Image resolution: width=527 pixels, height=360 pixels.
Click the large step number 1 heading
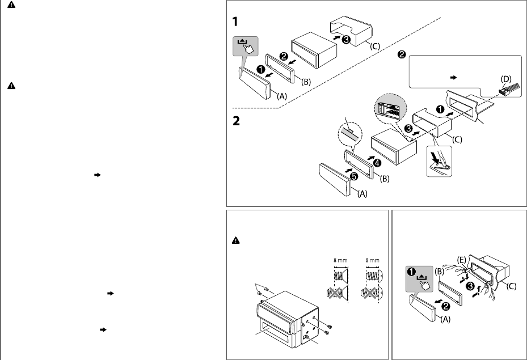point(235,22)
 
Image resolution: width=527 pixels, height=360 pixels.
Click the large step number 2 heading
point(236,121)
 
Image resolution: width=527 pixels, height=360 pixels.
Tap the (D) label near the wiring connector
point(506,79)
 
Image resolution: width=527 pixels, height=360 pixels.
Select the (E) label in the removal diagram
point(462,260)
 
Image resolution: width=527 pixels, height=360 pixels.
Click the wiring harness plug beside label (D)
point(507,89)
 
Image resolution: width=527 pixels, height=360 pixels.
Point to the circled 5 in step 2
point(354,176)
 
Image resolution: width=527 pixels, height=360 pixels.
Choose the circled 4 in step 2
point(377,163)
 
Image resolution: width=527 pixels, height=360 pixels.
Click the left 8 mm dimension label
point(340,260)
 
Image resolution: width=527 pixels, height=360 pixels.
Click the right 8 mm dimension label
point(372,260)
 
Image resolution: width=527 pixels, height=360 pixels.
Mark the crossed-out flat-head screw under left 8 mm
point(335,293)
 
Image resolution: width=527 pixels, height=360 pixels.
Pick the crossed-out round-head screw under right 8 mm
point(370,293)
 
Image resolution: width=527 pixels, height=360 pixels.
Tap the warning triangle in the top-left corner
point(11,5)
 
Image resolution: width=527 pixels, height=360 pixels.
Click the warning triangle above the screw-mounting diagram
point(236,240)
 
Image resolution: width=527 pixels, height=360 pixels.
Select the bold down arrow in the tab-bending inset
point(435,157)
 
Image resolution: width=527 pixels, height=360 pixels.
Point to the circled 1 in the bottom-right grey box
point(411,272)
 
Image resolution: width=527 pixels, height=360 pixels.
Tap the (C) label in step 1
point(375,46)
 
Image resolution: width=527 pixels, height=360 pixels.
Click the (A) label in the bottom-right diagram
point(446,319)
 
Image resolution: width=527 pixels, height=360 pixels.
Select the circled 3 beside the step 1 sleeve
point(346,40)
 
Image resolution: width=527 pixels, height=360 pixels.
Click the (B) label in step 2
point(385,179)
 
